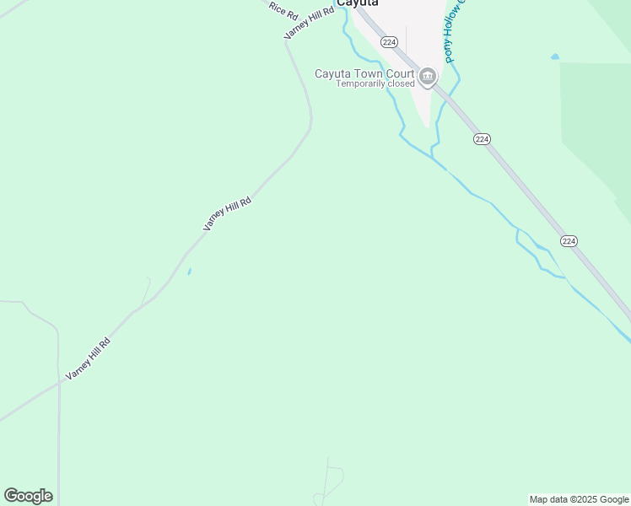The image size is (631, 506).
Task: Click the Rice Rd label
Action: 284,10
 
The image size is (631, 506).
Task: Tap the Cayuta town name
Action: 357,3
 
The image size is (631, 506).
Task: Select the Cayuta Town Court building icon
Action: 428,78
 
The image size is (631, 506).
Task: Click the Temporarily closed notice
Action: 375,84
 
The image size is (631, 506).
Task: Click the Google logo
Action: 28,496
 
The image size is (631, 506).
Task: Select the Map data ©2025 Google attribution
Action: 579,499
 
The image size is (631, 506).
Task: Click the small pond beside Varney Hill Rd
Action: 189,272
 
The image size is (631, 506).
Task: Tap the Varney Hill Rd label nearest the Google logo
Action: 88,358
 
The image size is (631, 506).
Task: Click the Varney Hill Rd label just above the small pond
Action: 228,214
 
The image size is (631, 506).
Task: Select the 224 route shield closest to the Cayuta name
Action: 388,41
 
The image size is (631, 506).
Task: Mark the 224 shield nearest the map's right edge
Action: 569,241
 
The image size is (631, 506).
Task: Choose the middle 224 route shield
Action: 482,138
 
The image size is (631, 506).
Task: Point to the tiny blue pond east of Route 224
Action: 554,57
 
